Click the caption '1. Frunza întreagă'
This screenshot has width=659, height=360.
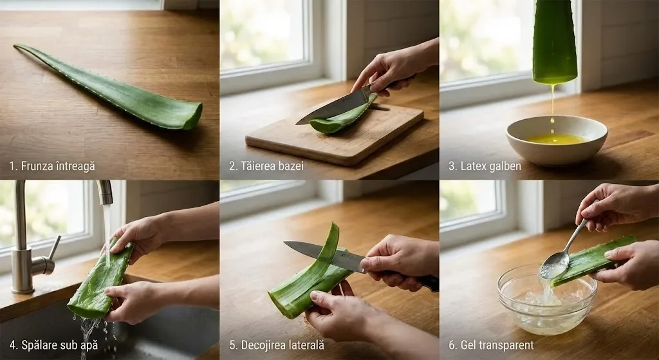(52, 166)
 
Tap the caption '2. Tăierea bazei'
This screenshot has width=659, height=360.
(266, 166)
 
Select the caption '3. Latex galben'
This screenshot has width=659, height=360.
(485, 166)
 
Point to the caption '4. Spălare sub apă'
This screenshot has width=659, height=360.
(53, 345)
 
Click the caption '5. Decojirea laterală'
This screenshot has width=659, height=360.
(277, 345)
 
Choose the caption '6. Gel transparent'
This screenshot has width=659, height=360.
(491, 345)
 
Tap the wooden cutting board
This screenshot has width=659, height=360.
(335, 132)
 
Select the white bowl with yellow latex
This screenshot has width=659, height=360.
(557, 140)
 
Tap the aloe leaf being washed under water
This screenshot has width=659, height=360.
(100, 280)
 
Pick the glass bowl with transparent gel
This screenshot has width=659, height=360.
(547, 299)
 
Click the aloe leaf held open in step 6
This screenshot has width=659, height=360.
(595, 259)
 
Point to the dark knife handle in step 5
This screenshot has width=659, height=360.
(425, 281)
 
